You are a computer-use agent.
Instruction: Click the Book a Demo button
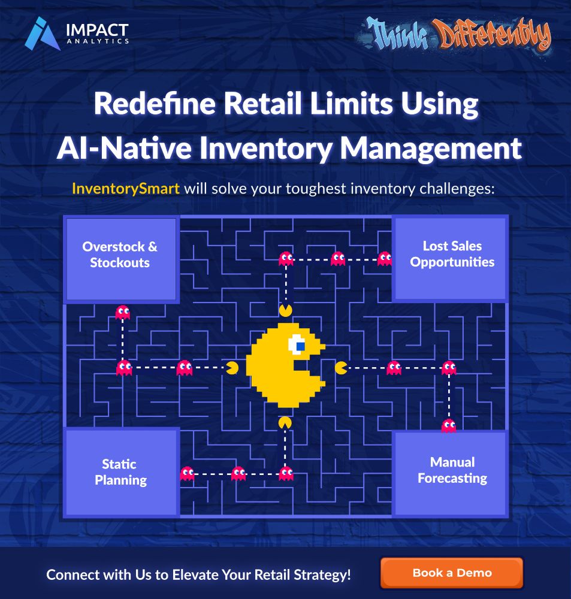click(x=452, y=573)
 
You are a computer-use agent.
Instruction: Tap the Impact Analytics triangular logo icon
click(x=42, y=34)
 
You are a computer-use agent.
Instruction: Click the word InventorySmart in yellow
click(x=126, y=189)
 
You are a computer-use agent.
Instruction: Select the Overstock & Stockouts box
click(x=121, y=259)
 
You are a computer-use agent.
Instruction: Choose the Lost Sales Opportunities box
click(x=450, y=259)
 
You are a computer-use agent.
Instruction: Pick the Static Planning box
click(x=121, y=473)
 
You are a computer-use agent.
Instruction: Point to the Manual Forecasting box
click(x=450, y=474)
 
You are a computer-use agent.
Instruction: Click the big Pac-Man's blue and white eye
click(x=297, y=344)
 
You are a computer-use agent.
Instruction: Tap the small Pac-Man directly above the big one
click(x=285, y=310)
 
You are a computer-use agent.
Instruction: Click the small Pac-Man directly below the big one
click(x=285, y=423)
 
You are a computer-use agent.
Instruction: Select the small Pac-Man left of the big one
click(x=232, y=368)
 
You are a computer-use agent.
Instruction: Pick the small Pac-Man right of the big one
click(x=341, y=368)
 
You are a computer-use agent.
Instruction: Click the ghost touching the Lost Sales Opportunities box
click(x=385, y=259)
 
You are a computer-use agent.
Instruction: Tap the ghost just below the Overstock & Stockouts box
click(x=123, y=313)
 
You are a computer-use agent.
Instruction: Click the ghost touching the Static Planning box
click(x=187, y=474)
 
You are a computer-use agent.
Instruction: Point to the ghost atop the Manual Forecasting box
click(x=449, y=426)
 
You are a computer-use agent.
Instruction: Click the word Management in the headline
click(x=431, y=149)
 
